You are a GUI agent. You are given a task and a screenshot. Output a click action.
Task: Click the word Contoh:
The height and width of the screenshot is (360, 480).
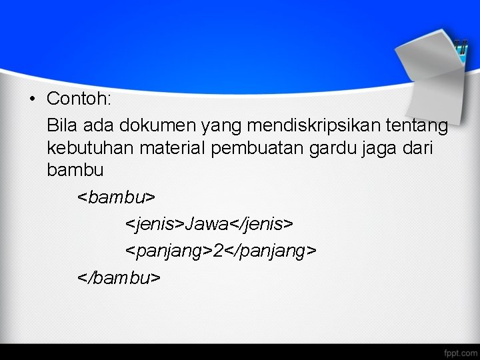(79, 99)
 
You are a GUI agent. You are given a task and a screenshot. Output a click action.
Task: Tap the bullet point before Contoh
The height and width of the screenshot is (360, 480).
(31, 99)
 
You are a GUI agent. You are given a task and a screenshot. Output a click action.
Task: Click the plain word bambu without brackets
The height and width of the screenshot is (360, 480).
(75, 171)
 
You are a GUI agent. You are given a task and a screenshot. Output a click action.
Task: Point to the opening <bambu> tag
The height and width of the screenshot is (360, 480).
(117, 197)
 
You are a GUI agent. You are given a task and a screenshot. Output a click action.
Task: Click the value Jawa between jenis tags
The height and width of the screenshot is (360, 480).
(207, 223)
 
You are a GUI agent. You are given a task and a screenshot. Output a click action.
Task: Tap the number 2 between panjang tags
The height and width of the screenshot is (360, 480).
(218, 250)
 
